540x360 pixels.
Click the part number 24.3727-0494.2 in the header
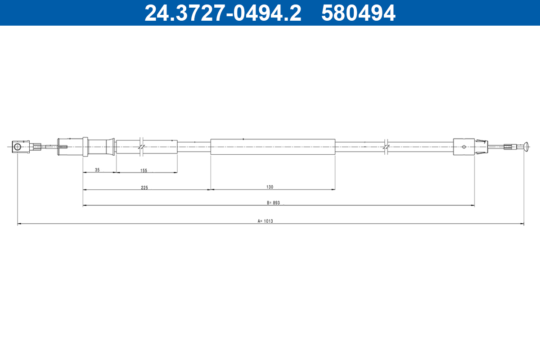[x=222, y=13]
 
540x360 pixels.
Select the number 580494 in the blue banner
[x=358, y=13]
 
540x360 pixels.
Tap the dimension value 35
[x=97, y=170]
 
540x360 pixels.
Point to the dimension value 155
[x=144, y=170]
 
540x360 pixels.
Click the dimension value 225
[x=144, y=187]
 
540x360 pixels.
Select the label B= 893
[x=273, y=203]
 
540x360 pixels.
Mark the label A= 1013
[x=265, y=221]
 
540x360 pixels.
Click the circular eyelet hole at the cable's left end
[x=18, y=147]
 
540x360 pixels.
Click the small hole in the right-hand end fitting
[x=464, y=146]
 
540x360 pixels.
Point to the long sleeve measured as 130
[x=273, y=147]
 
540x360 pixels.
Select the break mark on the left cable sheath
[x=141, y=147]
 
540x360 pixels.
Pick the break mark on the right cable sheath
[x=386, y=147]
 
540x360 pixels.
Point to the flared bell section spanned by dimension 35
[x=100, y=147]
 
